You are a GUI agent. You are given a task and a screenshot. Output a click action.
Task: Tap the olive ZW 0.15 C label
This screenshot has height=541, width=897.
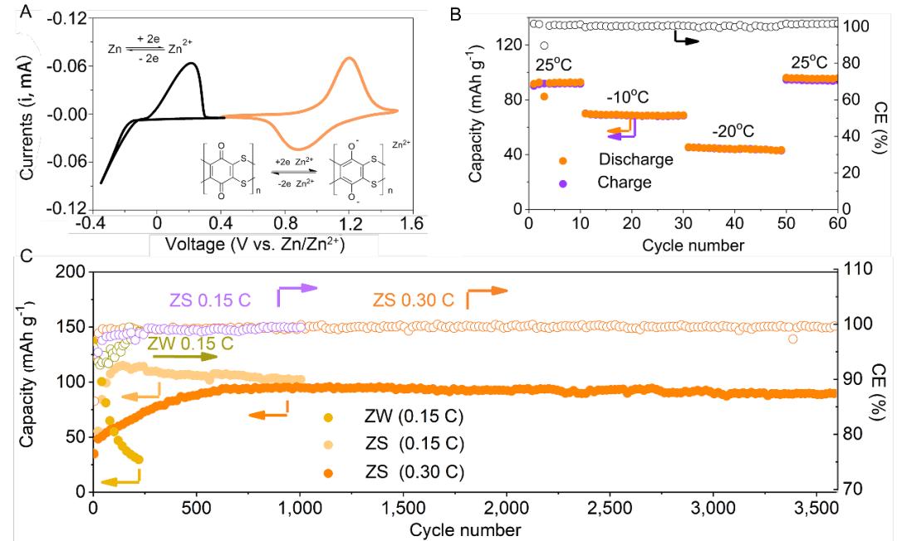[x=189, y=343]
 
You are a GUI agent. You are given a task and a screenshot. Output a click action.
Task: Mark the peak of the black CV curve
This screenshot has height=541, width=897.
[x=191, y=62]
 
